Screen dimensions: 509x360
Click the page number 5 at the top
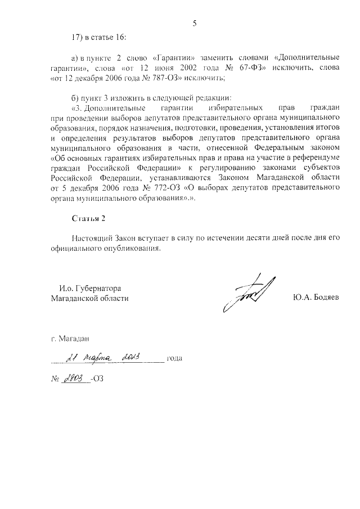coord(195,24)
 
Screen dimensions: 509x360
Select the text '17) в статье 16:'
coord(98,38)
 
